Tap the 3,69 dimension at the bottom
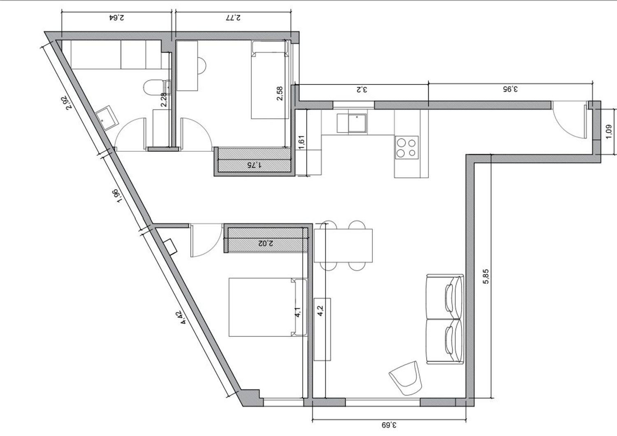point(389,425)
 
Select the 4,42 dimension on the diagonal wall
point(185,317)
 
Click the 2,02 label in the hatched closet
point(266,243)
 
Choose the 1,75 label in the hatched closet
point(255,165)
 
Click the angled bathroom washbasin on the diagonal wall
point(107,117)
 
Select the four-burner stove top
point(407,147)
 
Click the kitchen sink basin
point(357,123)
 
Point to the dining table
point(343,246)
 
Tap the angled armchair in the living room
point(406,378)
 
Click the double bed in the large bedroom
point(268,307)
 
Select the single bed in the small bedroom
point(270,80)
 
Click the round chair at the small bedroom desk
point(202,66)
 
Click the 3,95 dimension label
point(510,89)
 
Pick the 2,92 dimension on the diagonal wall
point(70,103)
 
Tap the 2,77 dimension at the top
point(233,18)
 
